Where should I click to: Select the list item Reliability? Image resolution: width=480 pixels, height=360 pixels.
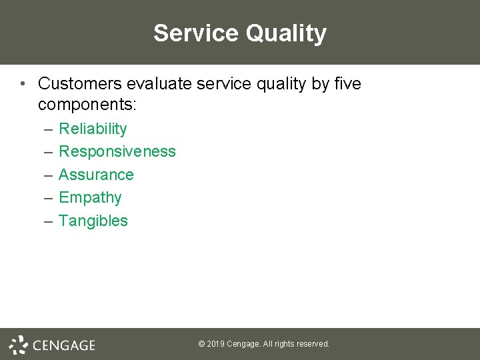click(x=93, y=129)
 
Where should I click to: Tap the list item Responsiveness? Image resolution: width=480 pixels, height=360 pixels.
click(x=117, y=152)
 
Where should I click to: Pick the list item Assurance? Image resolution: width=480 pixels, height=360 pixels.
click(x=96, y=175)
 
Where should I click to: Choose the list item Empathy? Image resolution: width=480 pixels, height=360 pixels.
click(x=90, y=198)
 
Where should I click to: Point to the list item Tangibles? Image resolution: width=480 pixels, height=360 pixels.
click(x=93, y=221)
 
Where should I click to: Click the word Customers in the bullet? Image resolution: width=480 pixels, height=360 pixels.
click(x=81, y=84)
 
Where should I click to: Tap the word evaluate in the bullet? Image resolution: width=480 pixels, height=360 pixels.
click(x=158, y=84)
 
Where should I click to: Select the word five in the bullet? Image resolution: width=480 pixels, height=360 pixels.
click(x=346, y=84)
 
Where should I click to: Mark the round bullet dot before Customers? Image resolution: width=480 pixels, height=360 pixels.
click(x=23, y=84)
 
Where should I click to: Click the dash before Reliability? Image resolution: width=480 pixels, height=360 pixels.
click(x=48, y=129)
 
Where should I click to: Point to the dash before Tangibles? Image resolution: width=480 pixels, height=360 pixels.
click(x=48, y=221)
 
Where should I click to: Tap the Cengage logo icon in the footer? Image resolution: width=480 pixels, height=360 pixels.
click(x=18, y=345)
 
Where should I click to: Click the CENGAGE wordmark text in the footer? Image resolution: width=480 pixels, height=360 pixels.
click(x=64, y=345)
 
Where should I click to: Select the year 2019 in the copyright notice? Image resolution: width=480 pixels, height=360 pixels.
click(x=215, y=344)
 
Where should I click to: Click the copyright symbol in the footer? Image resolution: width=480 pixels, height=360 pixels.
click(x=201, y=344)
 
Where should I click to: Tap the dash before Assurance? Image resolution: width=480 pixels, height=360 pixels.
click(x=48, y=175)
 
